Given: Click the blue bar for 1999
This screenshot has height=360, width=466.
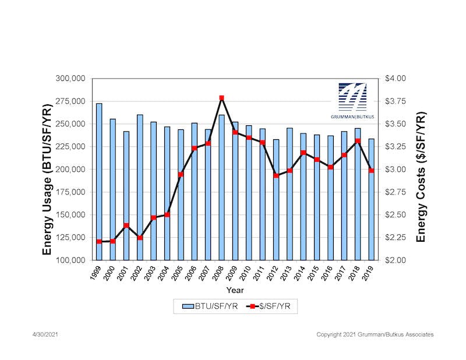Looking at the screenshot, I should click(99, 181).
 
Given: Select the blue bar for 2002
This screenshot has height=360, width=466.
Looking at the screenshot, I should click(140, 187).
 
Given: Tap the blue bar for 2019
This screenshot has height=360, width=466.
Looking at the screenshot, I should click(371, 199).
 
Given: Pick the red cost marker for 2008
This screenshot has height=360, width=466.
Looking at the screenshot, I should click(221, 98).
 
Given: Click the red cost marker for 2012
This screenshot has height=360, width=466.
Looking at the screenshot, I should click(276, 175).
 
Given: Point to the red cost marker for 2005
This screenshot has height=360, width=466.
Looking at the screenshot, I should click(181, 174).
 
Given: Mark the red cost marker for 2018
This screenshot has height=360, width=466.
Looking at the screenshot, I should click(358, 141).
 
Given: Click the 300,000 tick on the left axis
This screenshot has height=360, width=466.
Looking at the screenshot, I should click(71, 79).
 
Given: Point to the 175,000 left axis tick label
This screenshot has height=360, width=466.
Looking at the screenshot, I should click(71, 192).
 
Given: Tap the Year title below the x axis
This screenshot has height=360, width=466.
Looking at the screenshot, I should click(235, 290).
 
